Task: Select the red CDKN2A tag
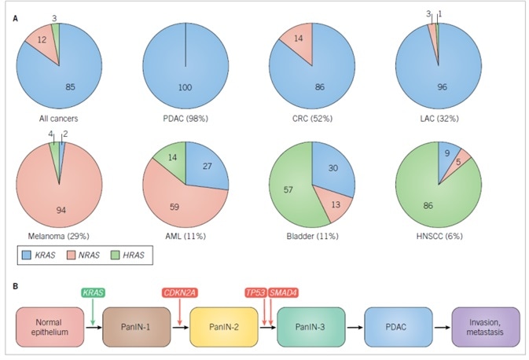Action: point(179,293)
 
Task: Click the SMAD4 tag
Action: point(283,293)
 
